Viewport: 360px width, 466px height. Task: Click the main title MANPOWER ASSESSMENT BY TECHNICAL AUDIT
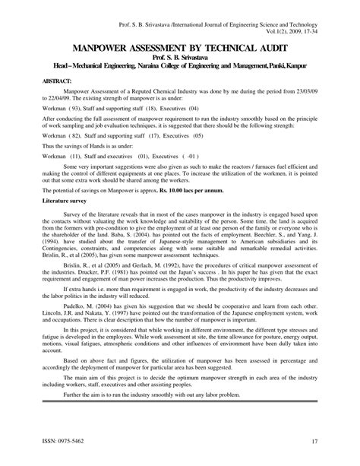click(180, 47)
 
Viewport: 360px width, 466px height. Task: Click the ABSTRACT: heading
click(43, 80)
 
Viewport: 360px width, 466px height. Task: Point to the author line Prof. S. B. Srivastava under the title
click(180, 58)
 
